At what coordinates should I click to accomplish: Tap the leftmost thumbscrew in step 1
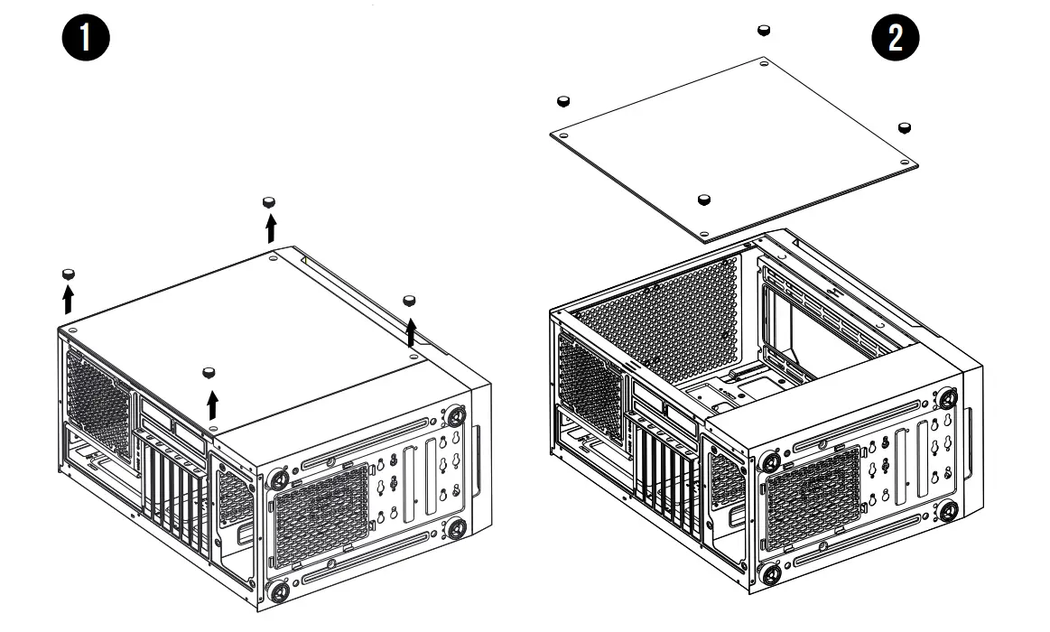coord(68,274)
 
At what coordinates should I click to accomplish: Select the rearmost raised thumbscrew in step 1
coord(269,200)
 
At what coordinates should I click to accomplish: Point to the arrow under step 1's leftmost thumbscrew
coord(68,299)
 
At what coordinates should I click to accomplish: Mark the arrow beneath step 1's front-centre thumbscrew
coord(212,404)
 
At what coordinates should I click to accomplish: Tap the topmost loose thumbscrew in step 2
coord(764,31)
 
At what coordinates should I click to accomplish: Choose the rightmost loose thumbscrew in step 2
coord(906,126)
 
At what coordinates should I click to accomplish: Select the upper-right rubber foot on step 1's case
coord(454,416)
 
